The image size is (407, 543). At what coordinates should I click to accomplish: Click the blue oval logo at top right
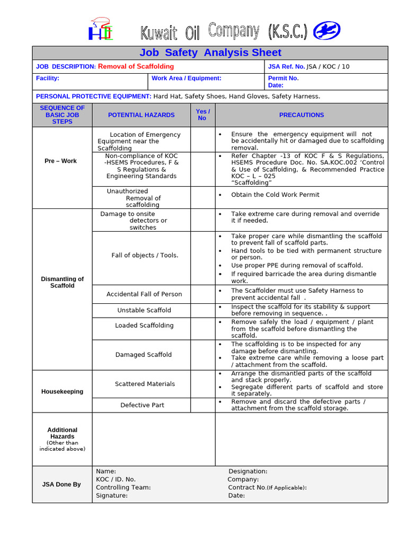click(x=327, y=31)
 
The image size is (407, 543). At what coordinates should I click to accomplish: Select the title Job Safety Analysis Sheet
click(x=210, y=52)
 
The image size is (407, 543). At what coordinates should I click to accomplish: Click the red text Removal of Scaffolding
click(x=136, y=66)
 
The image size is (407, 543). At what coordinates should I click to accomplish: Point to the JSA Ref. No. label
click(x=287, y=67)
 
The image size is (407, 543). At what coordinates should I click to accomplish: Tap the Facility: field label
click(x=48, y=78)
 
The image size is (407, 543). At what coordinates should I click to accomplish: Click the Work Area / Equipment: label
click(x=186, y=78)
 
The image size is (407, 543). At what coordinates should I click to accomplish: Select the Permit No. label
click(x=284, y=78)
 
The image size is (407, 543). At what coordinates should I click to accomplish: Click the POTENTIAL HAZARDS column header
click(x=141, y=115)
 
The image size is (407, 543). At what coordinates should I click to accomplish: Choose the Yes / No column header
click(x=202, y=115)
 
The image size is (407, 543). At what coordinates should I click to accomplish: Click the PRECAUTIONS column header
click(x=301, y=115)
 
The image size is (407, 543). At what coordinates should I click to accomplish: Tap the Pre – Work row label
click(x=60, y=161)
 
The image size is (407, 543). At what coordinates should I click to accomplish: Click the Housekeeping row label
click(x=62, y=392)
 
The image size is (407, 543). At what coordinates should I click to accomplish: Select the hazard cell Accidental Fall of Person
click(x=144, y=294)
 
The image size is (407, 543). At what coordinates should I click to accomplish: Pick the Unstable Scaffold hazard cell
click(x=144, y=310)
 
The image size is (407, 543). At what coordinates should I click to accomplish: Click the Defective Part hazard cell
click(x=142, y=405)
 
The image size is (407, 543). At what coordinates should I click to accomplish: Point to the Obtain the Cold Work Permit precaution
click(x=275, y=195)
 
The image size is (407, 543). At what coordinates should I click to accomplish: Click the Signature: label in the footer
click(x=112, y=496)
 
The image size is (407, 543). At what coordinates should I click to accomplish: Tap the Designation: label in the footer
click(x=247, y=471)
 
